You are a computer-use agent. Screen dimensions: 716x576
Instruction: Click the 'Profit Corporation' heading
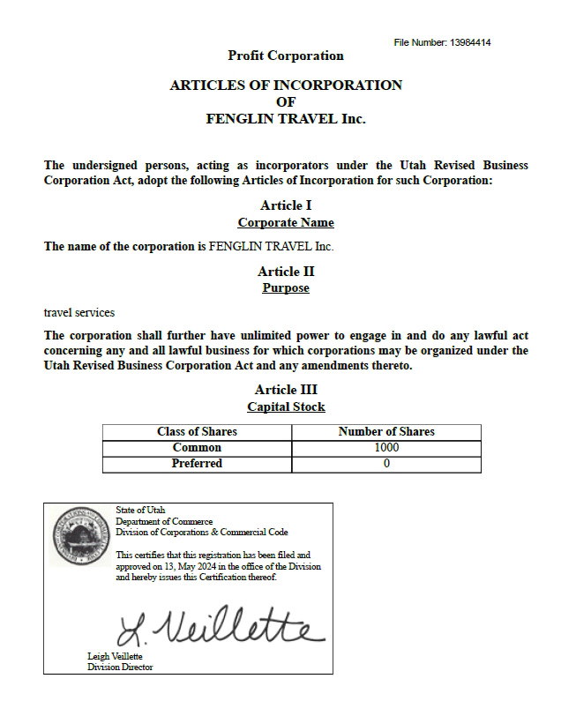(286, 56)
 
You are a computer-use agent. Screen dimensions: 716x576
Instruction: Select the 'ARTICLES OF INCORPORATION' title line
(286, 86)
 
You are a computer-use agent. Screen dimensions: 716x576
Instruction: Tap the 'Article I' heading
(286, 205)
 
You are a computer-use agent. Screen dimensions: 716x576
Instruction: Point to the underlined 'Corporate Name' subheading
(286, 222)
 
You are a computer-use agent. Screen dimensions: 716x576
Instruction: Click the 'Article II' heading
(286, 272)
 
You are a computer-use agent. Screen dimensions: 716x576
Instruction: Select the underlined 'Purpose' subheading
(286, 288)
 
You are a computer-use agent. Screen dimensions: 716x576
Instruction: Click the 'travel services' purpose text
(79, 312)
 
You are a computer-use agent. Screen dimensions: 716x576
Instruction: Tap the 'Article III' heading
(286, 390)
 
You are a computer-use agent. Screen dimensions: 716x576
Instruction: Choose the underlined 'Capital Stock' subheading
(286, 406)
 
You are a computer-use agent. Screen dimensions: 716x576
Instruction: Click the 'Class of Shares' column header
(197, 432)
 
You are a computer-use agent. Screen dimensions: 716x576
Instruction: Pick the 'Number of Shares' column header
(386, 432)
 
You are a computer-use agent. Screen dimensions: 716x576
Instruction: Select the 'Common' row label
(197, 448)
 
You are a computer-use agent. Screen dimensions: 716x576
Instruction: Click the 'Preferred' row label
(197, 464)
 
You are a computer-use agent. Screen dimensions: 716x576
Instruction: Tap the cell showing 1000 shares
(386, 448)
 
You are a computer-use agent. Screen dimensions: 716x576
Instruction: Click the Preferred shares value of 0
(386, 464)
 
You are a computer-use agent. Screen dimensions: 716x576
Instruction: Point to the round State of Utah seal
(80, 537)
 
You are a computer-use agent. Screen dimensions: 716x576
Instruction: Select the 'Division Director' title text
(120, 668)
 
